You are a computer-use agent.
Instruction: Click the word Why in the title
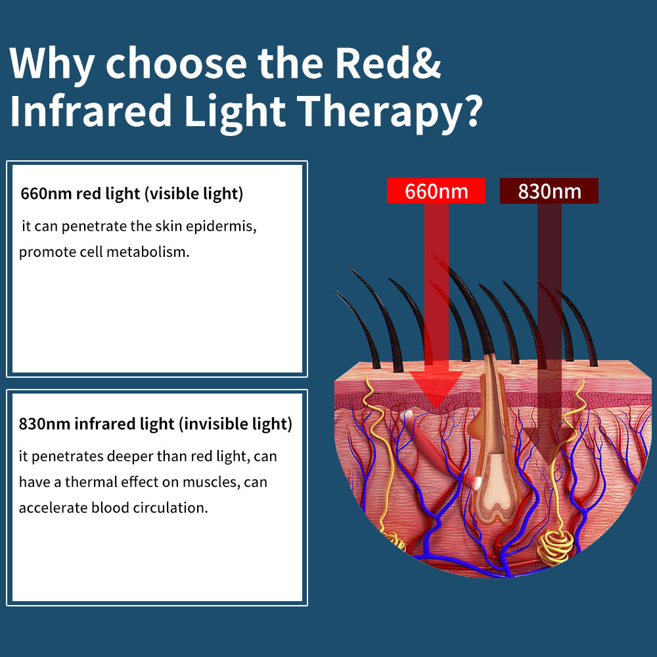click(x=51, y=64)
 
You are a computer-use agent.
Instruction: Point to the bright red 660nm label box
click(x=436, y=191)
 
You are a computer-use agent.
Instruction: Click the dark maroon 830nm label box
click(x=549, y=191)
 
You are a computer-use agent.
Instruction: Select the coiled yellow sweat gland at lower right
click(x=555, y=545)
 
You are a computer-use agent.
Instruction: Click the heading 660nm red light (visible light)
click(x=131, y=194)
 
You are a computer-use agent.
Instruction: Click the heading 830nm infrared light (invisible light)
click(x=156, y=424)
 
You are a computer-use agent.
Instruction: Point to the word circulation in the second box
click(x=170, y=507)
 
